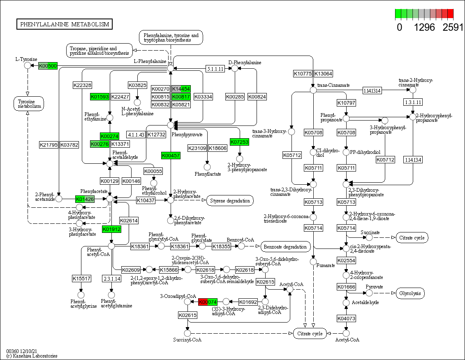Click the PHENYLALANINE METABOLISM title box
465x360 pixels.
(x=65, y=24)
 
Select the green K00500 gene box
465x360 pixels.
(x=48, y=66)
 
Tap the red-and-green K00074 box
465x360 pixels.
(x=208, y=302)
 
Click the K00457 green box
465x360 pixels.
(x=171, y=155)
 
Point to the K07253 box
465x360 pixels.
(x=239, y=142)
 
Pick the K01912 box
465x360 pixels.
(x=111, y=229)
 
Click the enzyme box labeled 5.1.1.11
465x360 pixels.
(x=215, y=69)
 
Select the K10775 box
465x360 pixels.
(x=303, y=74)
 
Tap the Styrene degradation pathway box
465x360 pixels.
(x=230, y=201)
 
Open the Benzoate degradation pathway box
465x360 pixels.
(x=285, y=247)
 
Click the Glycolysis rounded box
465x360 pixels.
(x=410, y=293)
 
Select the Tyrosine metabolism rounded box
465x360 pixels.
(x=29, y=103)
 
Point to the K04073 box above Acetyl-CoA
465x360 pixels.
(x=346, y=318)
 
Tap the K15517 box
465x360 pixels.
(x=81, y=279)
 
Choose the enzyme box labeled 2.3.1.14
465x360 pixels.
(x=111, y=279)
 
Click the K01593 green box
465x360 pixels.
(x=99, y=97)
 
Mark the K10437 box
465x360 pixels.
(x=146, y=200)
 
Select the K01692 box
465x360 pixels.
(x=248, y=302)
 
